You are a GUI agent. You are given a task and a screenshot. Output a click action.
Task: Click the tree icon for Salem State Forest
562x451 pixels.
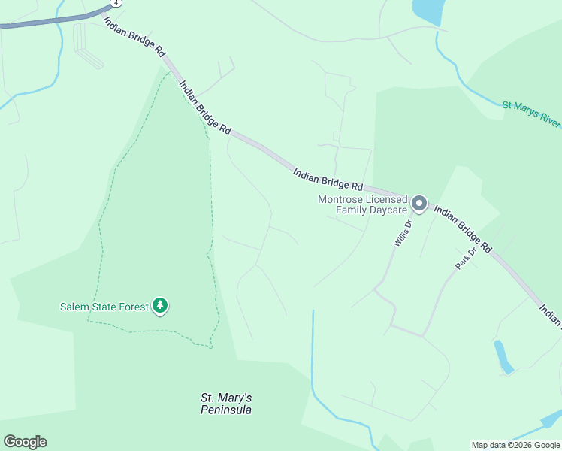click(x=159, y=305)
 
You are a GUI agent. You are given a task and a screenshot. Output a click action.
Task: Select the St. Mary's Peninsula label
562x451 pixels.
click(x=225, y=404)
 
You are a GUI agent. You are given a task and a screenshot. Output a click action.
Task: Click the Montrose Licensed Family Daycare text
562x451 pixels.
click(x=362, y=204)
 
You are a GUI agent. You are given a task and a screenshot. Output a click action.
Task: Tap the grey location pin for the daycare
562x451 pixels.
click(x=419, y=204)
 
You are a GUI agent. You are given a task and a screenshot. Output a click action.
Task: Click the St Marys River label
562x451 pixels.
click(x=531, y=112)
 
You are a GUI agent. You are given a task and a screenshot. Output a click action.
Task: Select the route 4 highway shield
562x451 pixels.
click(x=118, y=2)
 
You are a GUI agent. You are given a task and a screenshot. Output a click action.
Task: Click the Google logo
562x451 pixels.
click(x=25, y=442)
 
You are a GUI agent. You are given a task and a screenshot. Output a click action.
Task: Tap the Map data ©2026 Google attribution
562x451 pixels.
click(x=515, y=445)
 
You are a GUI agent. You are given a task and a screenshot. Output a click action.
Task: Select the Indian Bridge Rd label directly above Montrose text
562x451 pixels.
click(x=328, y=179)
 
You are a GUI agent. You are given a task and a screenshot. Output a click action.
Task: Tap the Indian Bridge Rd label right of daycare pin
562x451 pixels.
click(x=463, y=230)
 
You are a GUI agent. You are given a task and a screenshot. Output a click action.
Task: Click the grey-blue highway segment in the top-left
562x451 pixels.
click(x=45, y=22)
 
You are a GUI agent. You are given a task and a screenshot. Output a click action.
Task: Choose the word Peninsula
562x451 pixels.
click(x=225, y=410)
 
